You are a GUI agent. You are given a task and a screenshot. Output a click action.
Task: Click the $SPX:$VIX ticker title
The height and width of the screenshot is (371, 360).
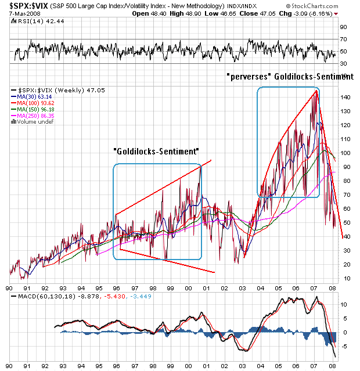(x=26, y=5)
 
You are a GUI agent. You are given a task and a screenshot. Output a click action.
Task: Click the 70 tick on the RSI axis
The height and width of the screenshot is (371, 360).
(x=343, y=39)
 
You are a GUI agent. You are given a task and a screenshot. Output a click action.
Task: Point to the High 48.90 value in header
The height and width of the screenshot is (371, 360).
(x=191, y=13)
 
